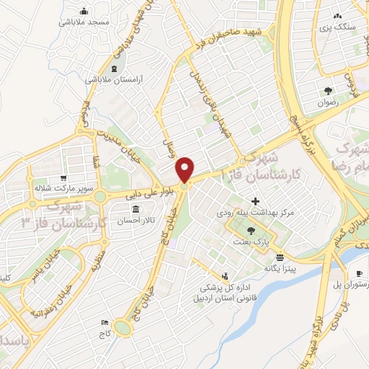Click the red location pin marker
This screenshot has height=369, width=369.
185,169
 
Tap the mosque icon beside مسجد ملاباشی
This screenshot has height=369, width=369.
85,11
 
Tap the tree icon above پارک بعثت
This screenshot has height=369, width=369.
250,231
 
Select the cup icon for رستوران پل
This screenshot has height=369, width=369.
359,273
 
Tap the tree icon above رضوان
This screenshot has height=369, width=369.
328,91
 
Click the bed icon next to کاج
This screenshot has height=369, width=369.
106,324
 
